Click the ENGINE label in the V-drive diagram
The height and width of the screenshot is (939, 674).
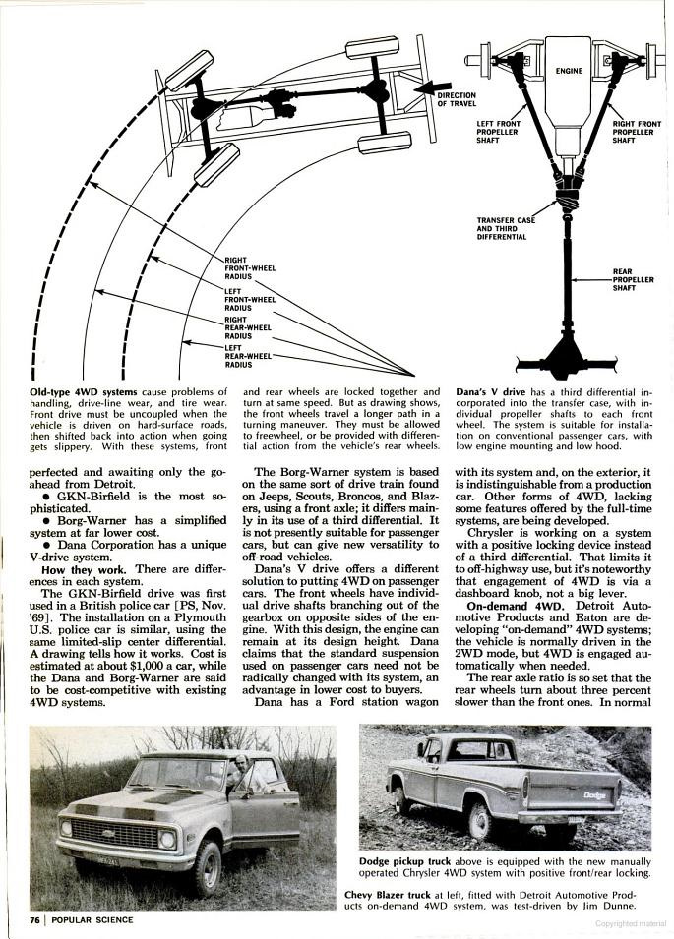click(569, 71)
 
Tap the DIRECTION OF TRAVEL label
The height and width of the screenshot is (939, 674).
click(456, 99)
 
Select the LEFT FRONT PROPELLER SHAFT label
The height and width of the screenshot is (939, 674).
click(497, 132)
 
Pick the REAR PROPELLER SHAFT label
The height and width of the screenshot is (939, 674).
click(633, 279)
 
